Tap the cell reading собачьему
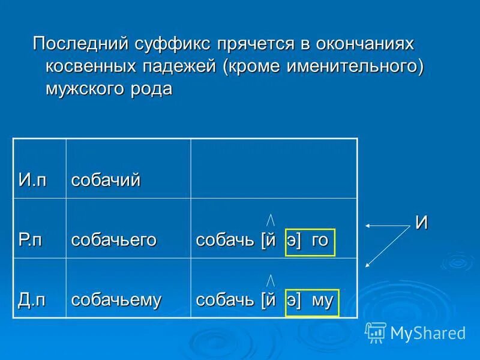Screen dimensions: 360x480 [x=116, y=299]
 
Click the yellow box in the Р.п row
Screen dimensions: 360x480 [x=310, y=242]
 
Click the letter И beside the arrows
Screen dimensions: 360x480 [x=422, y=223]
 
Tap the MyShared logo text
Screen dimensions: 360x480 [x=427, y=332]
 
